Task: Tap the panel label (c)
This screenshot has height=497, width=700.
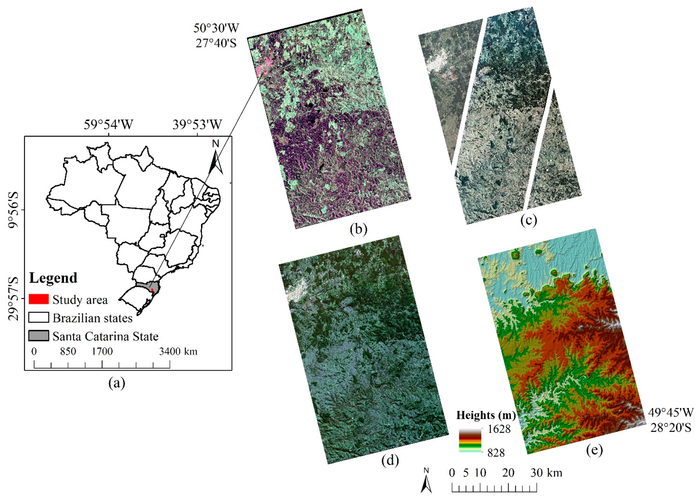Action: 529,220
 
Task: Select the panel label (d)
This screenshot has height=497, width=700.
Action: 390,461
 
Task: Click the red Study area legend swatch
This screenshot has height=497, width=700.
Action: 39,299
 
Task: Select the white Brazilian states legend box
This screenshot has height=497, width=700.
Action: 39,318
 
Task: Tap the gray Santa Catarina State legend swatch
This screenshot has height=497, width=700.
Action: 39,336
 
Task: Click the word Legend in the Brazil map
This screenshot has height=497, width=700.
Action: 53,278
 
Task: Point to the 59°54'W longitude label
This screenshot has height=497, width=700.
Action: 108,124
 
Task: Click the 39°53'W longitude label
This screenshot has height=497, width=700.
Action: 197,124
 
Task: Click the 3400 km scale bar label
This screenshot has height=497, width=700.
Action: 178,351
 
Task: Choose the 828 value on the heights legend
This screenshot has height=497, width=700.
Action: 496,453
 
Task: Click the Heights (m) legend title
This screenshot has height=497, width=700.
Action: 486,415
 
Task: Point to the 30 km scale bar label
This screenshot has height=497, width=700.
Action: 546,473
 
